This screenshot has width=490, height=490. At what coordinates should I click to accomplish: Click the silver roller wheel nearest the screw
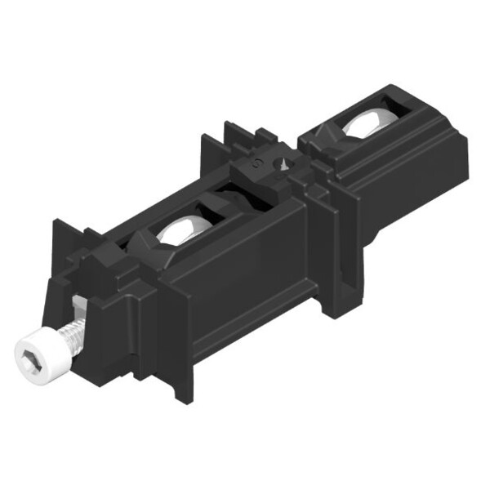click(180, 232)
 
